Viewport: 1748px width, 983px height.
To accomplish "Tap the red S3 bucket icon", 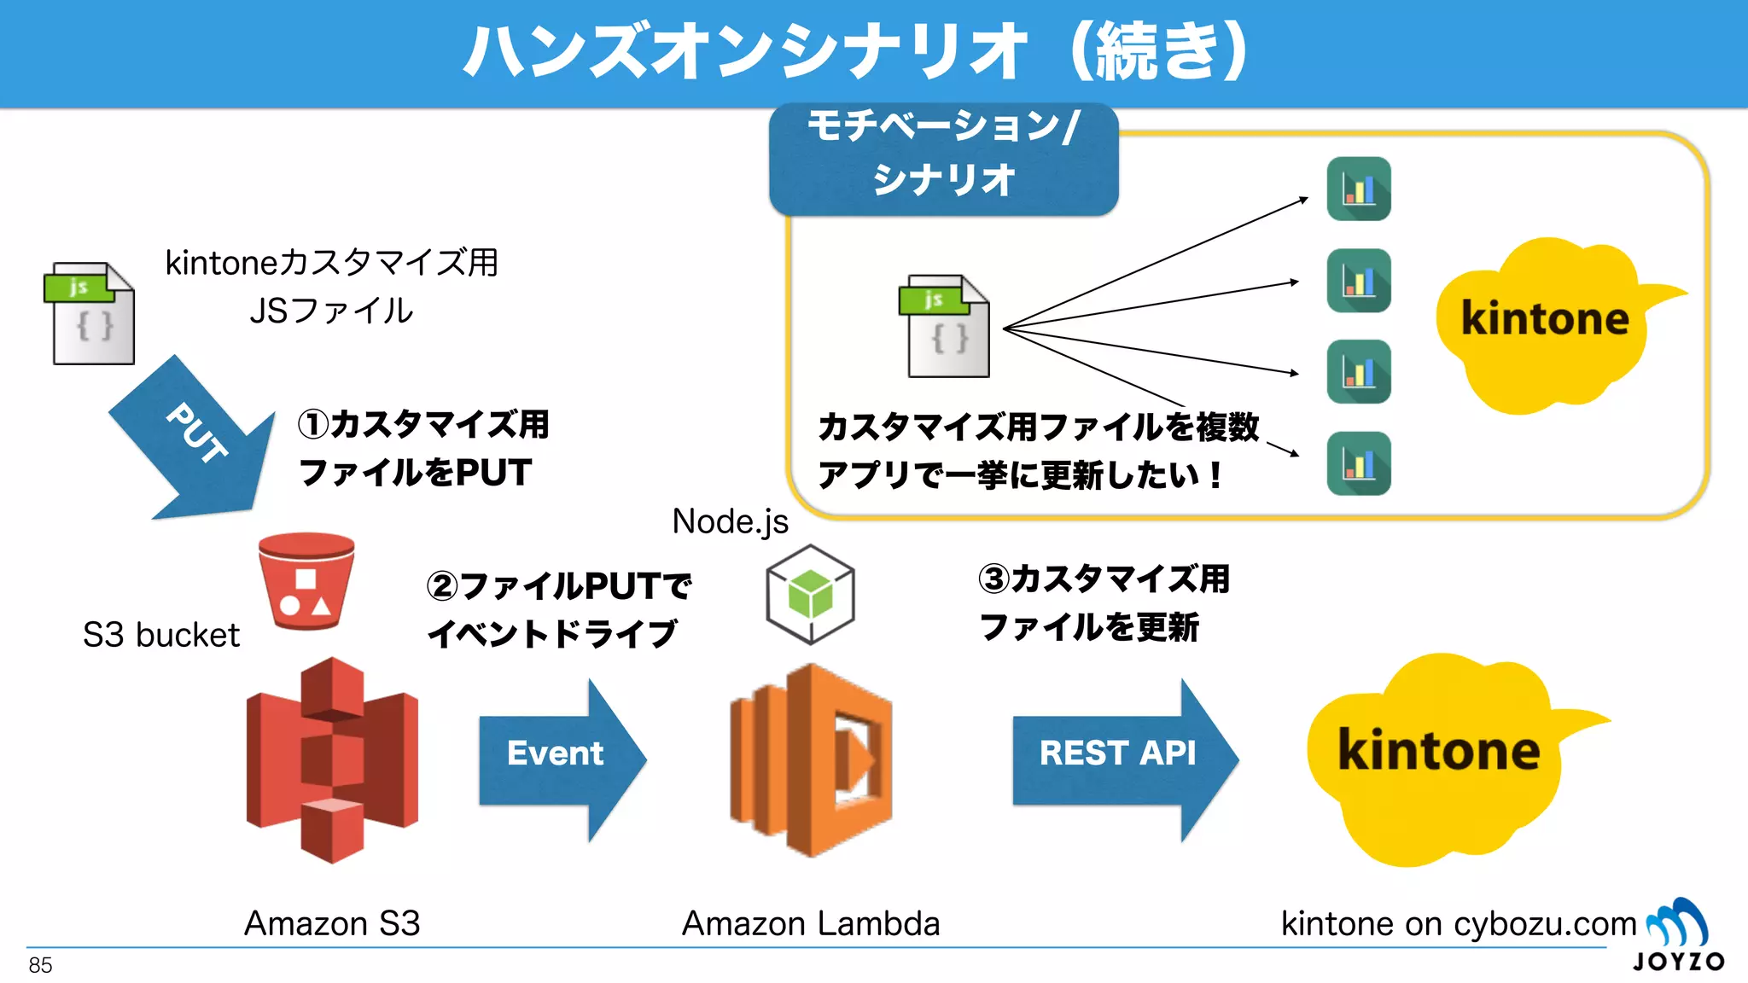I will point(306,581).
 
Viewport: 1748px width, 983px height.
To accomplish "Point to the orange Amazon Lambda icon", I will point(811,759).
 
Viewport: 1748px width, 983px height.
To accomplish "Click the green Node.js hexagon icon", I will point(810,594).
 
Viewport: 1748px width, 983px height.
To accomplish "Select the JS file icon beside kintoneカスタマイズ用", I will point(90,314).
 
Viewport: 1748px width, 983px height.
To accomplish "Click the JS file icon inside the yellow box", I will point(945,326).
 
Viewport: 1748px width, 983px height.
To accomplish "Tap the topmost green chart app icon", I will point(1359,189).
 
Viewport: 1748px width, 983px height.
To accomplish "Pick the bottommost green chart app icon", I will point(1359,463).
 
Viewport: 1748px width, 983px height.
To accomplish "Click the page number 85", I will point(40,965).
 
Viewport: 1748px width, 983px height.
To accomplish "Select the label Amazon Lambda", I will point(811,923).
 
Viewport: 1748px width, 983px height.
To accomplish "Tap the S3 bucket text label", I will point(160,635).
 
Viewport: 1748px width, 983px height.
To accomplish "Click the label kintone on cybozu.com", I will point(1458,923).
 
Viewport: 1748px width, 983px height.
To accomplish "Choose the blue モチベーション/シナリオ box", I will point(943,158).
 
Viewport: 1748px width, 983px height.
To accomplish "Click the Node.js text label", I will point(730,521).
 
